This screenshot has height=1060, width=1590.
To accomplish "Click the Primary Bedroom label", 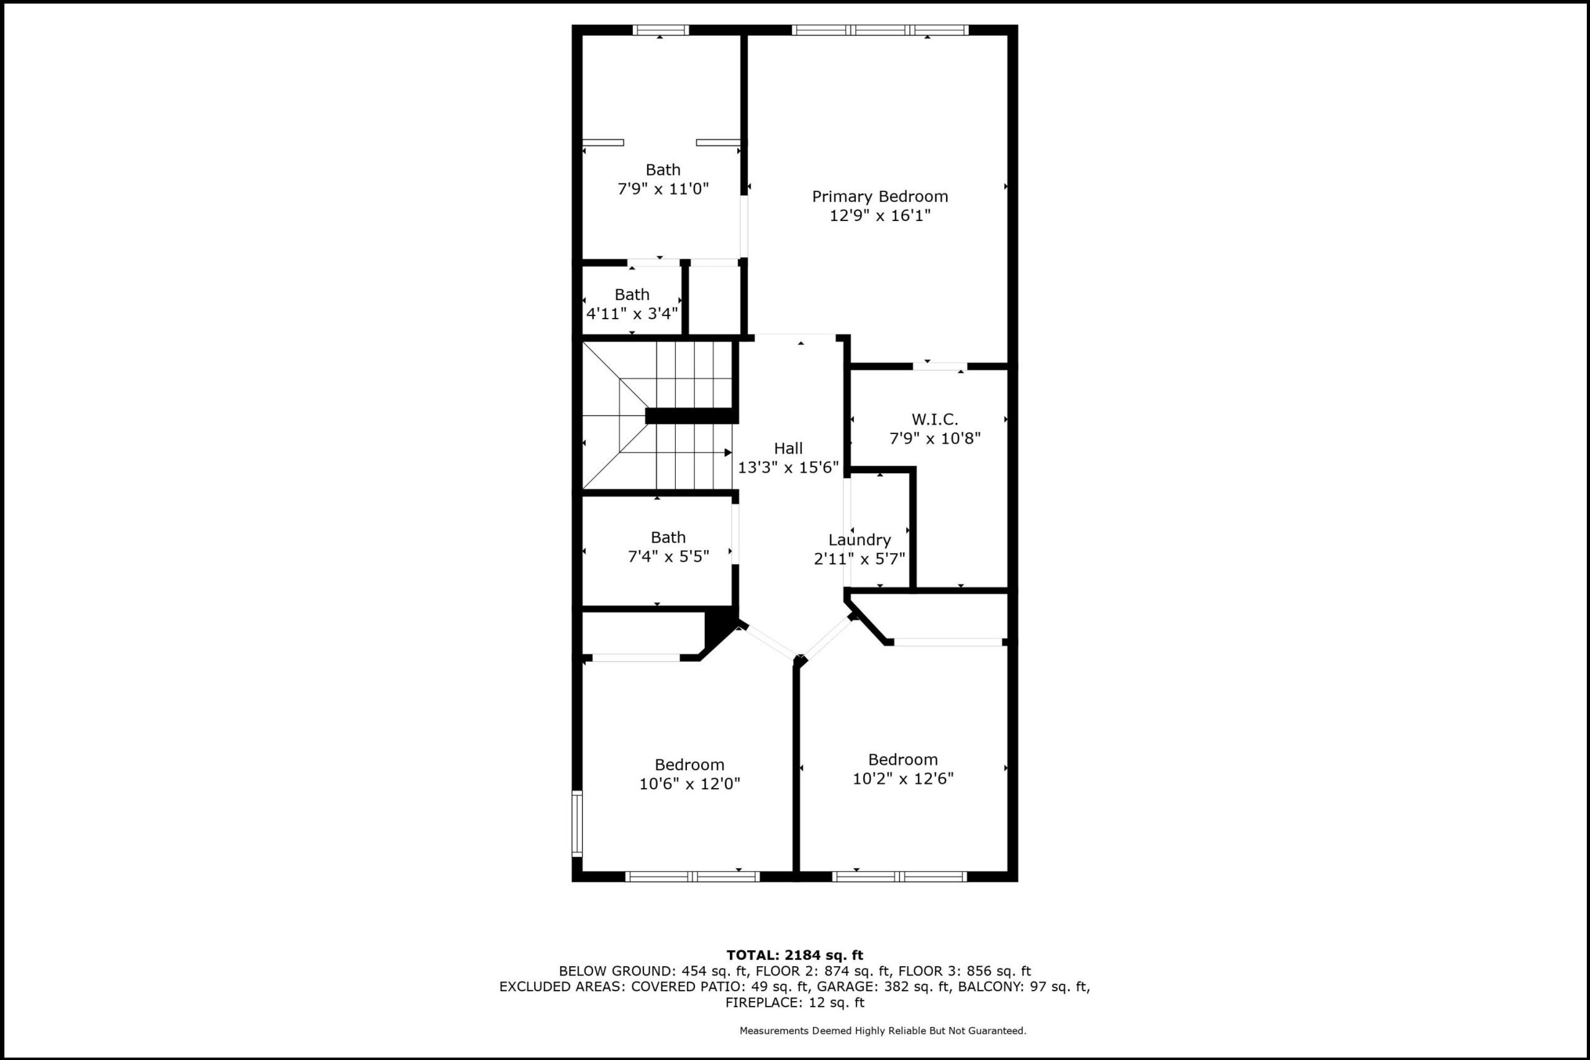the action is pos(879,197).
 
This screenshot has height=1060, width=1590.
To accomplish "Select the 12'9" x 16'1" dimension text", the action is pos(880,215).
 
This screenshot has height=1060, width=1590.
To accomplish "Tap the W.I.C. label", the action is pos(935,419).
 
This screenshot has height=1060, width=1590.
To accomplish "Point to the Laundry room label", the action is pos(859,540).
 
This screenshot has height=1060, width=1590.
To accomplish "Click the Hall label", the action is pos(788,448).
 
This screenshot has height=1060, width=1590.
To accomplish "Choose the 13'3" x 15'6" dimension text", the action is pos(788,467).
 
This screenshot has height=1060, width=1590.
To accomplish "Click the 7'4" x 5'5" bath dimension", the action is pos(668,556).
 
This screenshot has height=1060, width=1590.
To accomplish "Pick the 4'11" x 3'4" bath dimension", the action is pos(632,314).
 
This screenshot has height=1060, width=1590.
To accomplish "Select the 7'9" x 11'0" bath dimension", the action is pos(663,189).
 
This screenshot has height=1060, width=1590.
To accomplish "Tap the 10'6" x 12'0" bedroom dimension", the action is pos(689,784).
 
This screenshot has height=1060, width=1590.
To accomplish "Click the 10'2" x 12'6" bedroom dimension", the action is pos(903,778).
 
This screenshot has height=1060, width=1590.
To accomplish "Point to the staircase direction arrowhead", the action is pos(728,452).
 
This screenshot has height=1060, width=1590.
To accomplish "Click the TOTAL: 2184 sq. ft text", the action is pos(795,955).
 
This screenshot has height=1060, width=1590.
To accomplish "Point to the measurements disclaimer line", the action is pos(883,1031).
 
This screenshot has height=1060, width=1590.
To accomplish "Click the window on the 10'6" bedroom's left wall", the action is pos(576,823).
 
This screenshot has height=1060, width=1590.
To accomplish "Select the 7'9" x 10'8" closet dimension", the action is pos(935,438).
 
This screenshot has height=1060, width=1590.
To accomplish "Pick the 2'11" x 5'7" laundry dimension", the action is pos(859,559).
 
